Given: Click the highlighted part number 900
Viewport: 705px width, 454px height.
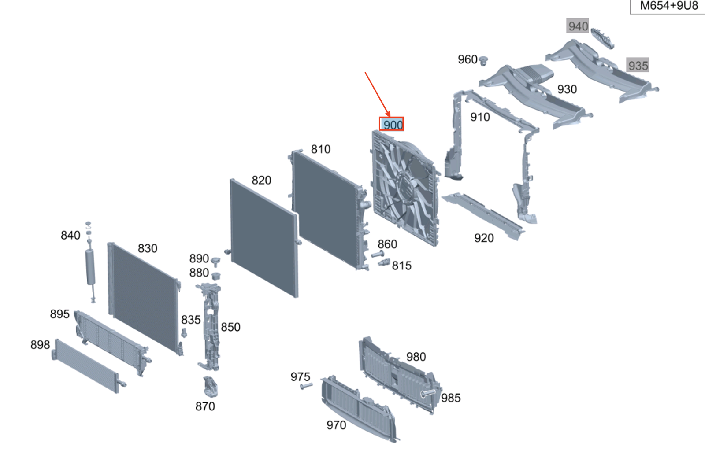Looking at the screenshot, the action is pos(392,124).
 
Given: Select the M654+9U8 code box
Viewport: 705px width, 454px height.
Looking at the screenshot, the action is pos(668,6).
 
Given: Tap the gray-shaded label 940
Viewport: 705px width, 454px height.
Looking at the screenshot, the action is pos(578,26).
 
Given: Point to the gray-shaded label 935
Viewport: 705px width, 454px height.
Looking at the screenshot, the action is pos(637,65).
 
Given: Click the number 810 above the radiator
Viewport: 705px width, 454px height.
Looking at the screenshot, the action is pos(321,149).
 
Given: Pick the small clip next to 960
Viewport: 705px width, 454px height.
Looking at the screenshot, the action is pos(483,60).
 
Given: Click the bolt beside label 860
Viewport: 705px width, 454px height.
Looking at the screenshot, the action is pos(378,254).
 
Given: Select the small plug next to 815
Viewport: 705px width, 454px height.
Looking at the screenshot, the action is pos(384,262).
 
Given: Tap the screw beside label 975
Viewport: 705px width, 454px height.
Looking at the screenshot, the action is pos(306,386).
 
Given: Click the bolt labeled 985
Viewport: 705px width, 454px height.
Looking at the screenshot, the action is pos(428,393).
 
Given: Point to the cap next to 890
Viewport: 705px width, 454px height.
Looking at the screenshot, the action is pos(215,262).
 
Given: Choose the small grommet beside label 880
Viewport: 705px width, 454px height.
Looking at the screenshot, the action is pos(216,276).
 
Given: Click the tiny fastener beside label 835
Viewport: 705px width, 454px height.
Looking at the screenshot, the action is pos(184,332).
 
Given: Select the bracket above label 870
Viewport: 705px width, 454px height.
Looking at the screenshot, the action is pos(211,387).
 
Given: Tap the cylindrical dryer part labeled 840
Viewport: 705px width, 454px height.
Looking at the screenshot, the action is pos(91,262).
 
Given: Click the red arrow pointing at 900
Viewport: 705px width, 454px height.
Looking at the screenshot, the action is pos(378,94).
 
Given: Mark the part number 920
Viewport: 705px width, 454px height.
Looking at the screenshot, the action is pos(484,238).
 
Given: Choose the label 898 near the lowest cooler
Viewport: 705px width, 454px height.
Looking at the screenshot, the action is pos(40,345).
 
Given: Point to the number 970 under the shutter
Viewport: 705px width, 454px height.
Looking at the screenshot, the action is pos(336,425).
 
